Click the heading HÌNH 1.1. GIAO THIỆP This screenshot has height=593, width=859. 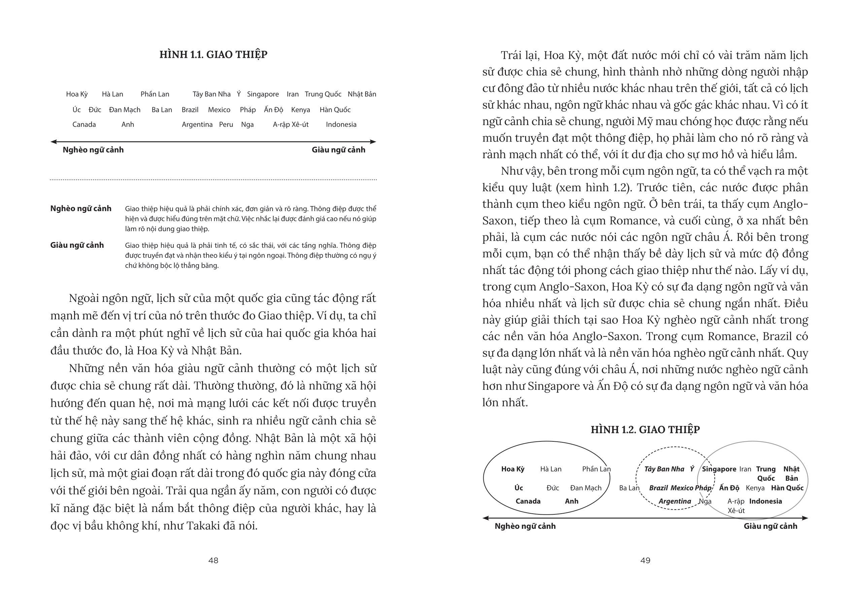click(213, 54)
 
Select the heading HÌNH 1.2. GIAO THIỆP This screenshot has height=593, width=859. click(645, 430)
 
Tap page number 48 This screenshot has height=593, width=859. click(213, 560)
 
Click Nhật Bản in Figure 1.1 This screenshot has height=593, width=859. click(362, 94)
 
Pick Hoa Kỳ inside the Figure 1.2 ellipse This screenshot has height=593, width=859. click(513, 469)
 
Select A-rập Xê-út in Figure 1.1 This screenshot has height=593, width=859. click(290, 124)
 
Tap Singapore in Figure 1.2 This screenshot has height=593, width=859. click(719, 469)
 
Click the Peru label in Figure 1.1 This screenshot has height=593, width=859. click(226, 124)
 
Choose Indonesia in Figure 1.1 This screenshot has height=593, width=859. click(341, 124)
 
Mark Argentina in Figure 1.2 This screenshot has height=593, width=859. click(675, 501)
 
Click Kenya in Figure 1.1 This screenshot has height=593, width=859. click(300, 110)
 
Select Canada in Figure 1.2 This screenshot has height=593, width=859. click(527, 501)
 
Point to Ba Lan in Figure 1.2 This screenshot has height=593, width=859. click(629, 488)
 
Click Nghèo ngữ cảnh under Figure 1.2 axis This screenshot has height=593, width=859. click(525, 526)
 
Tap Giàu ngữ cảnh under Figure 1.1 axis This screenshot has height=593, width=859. click(338, 150)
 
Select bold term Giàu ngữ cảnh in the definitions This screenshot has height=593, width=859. click(77, 245)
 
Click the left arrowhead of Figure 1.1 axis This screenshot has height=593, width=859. click(53, 142)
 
